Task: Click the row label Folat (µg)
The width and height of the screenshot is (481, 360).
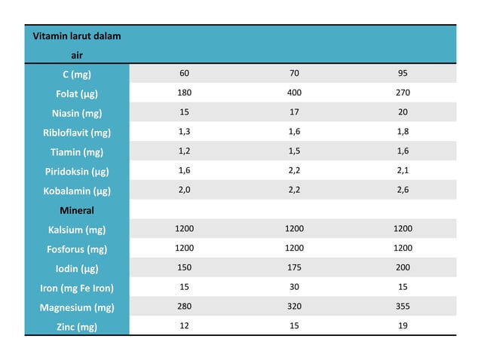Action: click(x=77, y=93)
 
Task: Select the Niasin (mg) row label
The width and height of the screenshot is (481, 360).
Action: click(x=77, y=113)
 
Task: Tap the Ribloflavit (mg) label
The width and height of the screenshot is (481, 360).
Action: click(x=77, y=133)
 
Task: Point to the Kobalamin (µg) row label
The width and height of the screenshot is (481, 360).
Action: click(x=77, y=191)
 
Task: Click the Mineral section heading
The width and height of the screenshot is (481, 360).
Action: click(x=77, y=210)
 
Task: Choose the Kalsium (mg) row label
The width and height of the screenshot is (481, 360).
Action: click(x=77, y=229)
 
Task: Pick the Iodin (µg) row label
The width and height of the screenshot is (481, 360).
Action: click(x=77, y=268)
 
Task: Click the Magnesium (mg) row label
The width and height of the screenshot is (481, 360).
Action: click(x=77, y=307)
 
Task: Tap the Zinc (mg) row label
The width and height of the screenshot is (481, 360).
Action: click(x=77, y=326)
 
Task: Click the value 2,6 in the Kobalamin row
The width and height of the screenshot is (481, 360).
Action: click(x=403, y=190)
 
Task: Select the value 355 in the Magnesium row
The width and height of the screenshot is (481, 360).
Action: click(x=403, y=307)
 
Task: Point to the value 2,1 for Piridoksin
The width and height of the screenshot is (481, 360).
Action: click(x=403, y=170)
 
